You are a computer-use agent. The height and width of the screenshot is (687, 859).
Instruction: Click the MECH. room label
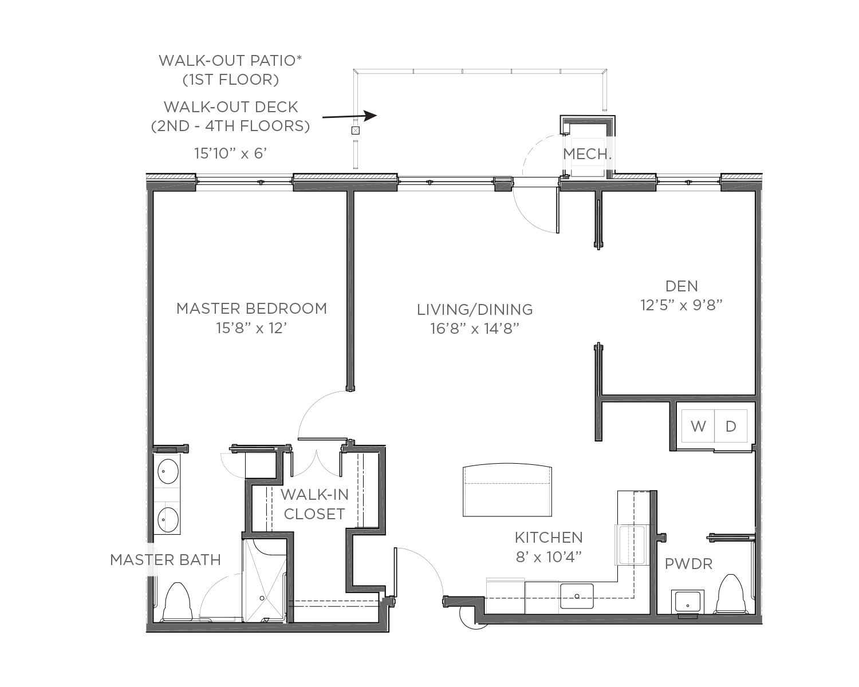(x=587, y=153)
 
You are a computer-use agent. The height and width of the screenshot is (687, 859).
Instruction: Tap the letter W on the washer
(x=698, y=427)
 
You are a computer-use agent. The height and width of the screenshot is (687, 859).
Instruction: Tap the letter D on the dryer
(x=731, y=427)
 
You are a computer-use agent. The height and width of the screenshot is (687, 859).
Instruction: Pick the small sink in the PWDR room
(x=687, y=602)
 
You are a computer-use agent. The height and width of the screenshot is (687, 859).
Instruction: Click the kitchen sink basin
(x=577, y=596)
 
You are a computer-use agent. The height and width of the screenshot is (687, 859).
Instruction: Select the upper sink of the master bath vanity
(x=168, y=471)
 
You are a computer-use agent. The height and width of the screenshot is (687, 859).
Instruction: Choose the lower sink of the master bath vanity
(x=168, y=520)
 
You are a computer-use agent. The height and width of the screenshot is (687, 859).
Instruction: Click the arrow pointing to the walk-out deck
(x=350, y=116)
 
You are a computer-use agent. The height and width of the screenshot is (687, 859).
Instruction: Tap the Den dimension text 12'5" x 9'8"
(x=681, y=305)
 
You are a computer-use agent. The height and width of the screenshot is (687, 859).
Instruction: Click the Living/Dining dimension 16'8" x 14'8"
(x=475, y=329)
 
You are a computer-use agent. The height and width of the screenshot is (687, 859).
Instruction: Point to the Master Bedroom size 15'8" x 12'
(x=251, y=328)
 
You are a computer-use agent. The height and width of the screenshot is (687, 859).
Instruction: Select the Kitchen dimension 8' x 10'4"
(x=549, y=557)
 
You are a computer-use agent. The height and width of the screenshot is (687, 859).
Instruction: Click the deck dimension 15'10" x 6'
(x=230, y=153)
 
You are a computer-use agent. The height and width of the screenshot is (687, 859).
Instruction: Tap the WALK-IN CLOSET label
(x=314, y=504)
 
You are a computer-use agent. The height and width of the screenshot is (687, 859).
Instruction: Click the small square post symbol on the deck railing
(x=355, y=130)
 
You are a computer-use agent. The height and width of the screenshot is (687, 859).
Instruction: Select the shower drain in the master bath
(x=262, y=598)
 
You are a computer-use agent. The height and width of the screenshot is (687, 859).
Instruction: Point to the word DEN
(x=681, y=286)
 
